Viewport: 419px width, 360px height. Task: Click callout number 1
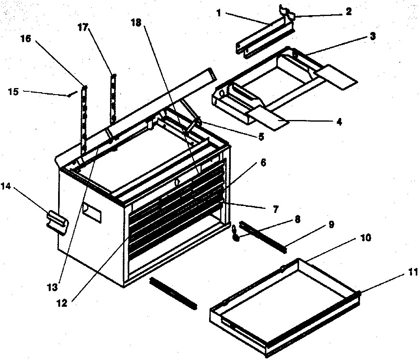pos(219,13)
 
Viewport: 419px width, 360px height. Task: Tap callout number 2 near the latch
pos(348,11)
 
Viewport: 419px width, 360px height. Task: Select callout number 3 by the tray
pos(372,36)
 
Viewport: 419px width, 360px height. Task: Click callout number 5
pos(261,137)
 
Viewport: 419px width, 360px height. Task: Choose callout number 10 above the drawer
pos(365,238)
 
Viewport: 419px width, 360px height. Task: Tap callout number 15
pos(13,91)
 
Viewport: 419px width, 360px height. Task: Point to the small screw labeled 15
pos(70,95)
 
